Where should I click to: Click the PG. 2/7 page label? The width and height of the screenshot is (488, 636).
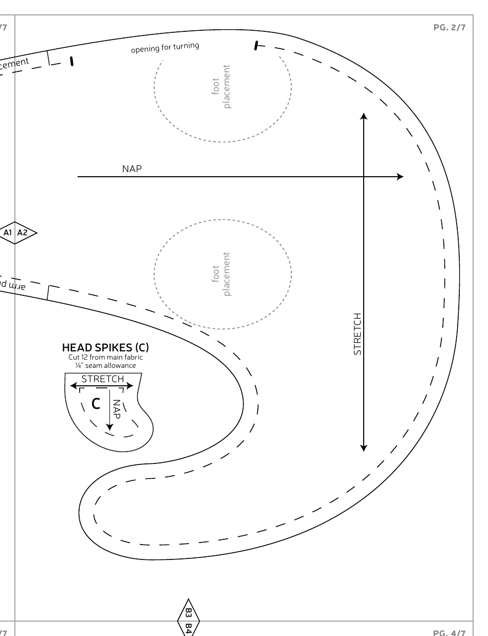(x=449, y=27)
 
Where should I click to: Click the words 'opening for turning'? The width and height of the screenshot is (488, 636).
(x=165, y=48)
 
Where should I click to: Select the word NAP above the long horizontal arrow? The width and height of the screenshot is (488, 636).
(x=132, y=169)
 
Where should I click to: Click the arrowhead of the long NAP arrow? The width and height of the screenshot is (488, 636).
(x=400, y=177)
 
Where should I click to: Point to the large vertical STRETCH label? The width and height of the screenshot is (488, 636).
(x=358, y=333)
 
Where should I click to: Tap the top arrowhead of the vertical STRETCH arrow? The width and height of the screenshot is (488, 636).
(x=364, y=117)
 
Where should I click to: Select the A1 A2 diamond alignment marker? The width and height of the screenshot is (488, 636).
(x=16, y=233)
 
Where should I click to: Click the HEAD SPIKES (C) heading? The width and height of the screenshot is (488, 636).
(x=105, y=348)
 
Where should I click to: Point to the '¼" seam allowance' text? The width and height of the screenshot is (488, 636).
(x=105, y=365)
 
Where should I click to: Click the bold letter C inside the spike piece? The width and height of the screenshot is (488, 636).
(x=96, y=404)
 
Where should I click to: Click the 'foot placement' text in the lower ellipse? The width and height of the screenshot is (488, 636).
(x=221, y=274)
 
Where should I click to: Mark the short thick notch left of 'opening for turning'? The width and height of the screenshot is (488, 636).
(x=71, y=61)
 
